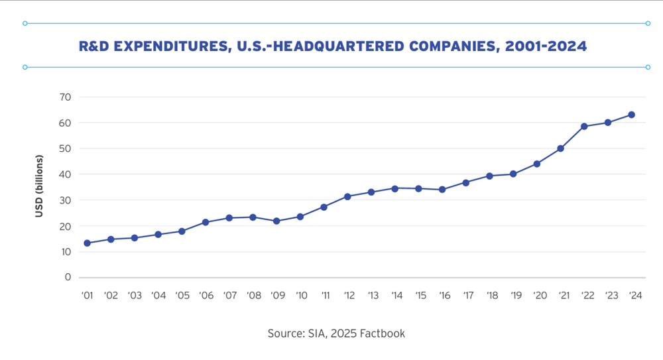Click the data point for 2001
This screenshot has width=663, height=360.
[88, 243]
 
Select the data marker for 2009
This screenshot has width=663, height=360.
[276, 221]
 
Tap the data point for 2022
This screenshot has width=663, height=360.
[584, 126]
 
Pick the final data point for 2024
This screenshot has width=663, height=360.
[631, 115]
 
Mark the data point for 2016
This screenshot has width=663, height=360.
[442, 190]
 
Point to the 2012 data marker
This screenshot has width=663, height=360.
[347, 196]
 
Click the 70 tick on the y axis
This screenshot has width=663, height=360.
[64, 97]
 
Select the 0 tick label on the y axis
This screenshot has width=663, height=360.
[68, 277]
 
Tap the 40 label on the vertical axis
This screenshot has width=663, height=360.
[64, 174]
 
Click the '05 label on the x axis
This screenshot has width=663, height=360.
[182, 296]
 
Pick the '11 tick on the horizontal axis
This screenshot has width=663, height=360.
[324, 296]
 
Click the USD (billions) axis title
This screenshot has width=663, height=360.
[39, 186]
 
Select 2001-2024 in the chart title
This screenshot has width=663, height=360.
[545, 46]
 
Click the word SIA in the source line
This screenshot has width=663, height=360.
[315, 333]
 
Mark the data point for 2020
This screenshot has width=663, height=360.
[537, 164]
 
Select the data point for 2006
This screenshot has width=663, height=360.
[206, 222]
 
